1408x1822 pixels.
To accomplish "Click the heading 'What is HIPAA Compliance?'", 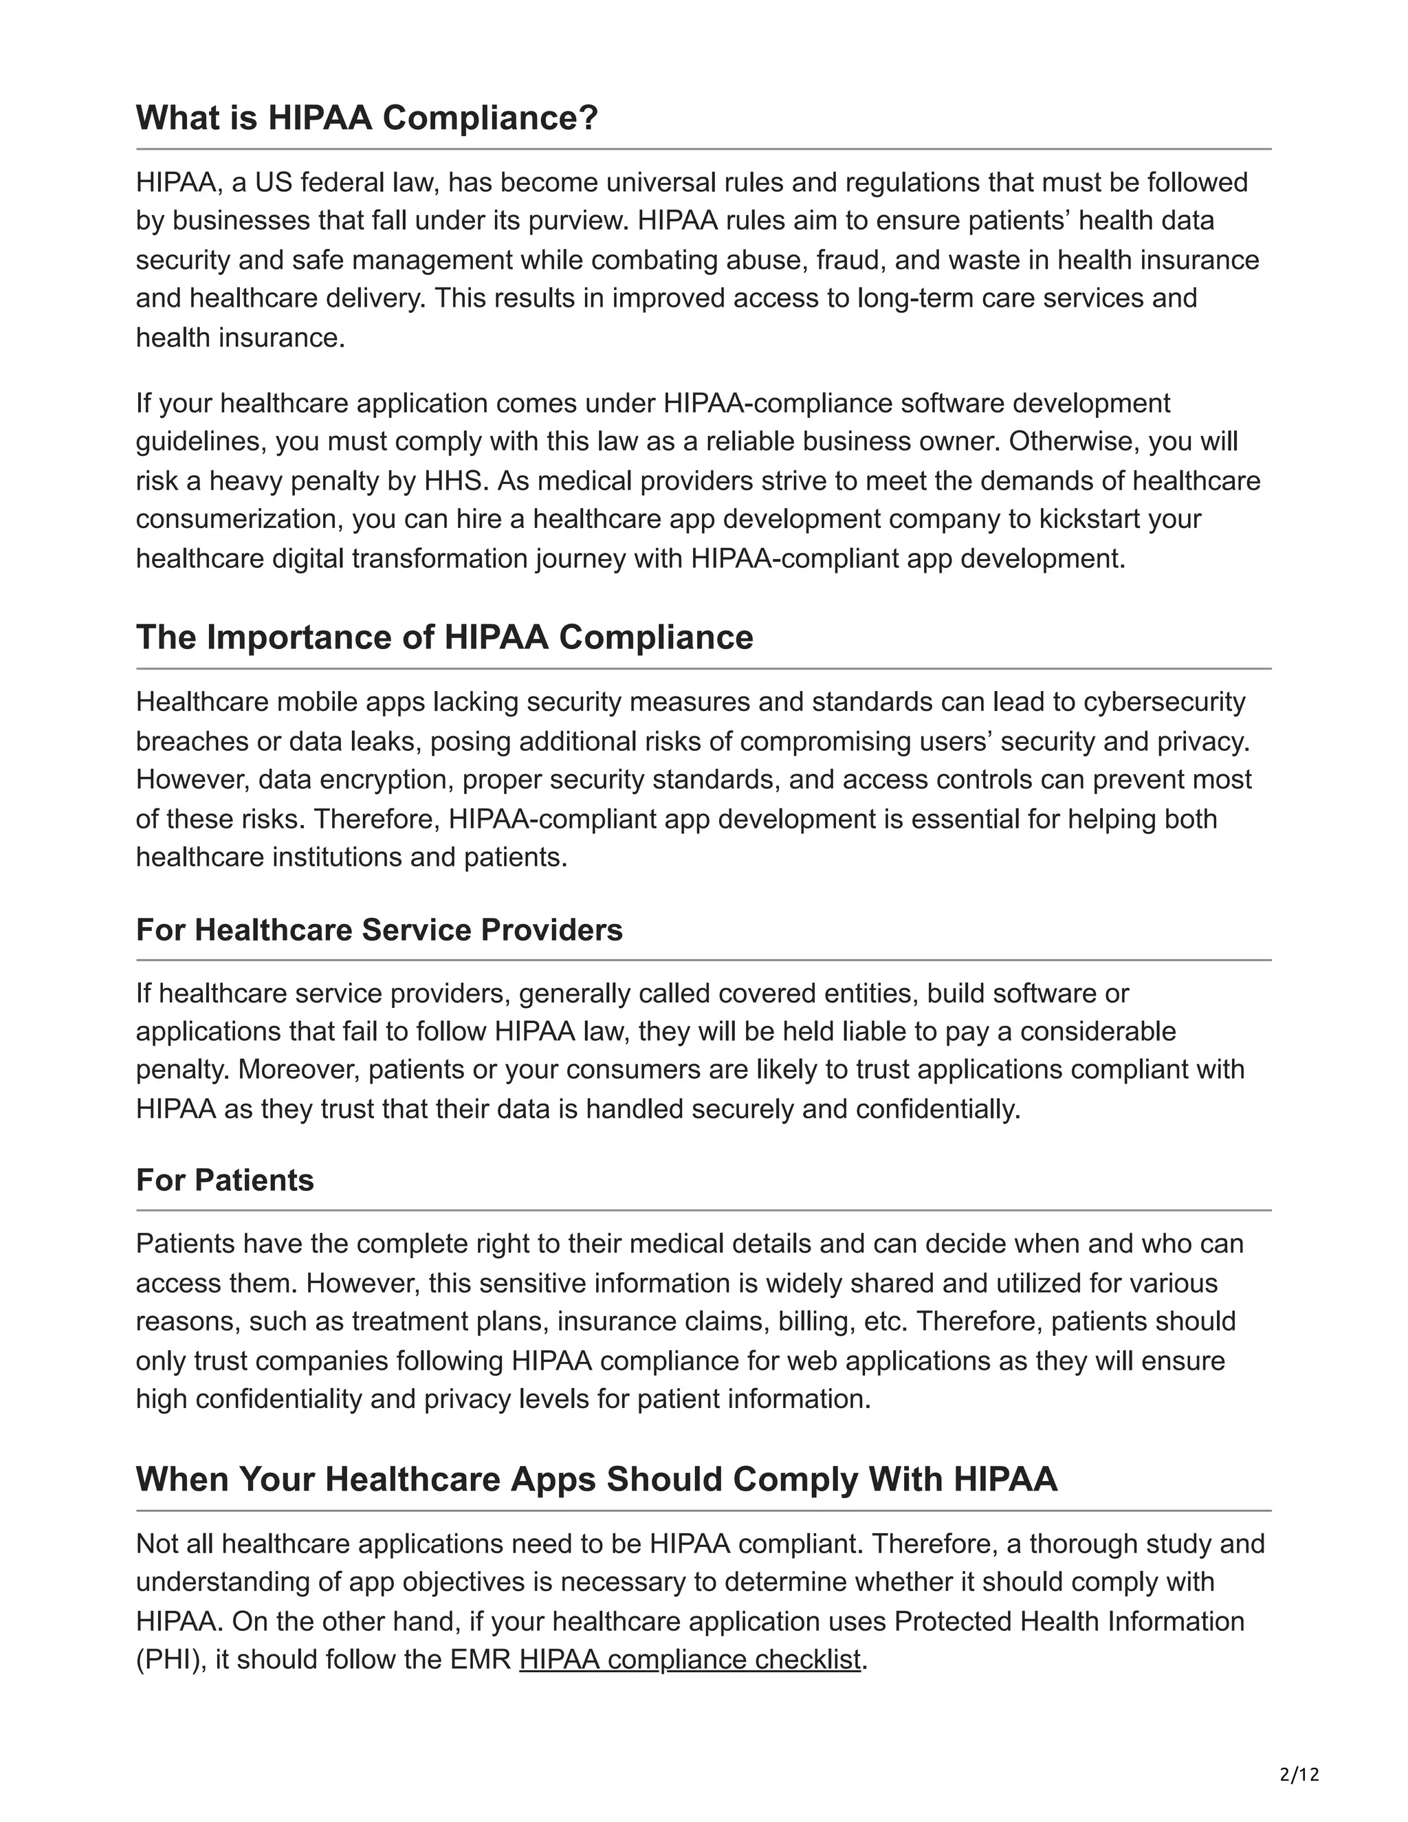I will (x=367, y=118).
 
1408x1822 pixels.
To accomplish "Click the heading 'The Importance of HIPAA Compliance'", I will (x=445, y=637).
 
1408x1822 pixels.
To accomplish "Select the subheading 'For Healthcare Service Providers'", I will (x=379, y=930).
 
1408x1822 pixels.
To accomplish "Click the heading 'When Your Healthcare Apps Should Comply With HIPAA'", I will (x=596, y=1479).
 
